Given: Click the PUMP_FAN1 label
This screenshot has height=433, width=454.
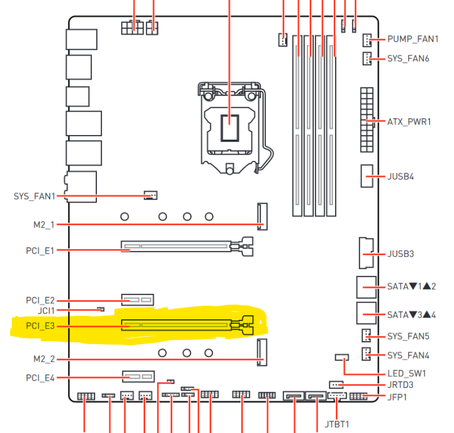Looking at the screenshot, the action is pos(413,39).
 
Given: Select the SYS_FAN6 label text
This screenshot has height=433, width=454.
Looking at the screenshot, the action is pos(408,58).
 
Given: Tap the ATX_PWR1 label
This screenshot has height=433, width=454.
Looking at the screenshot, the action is pos(409,122).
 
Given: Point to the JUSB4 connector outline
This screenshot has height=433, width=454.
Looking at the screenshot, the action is pos(367,176).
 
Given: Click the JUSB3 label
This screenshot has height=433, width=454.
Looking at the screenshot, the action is pos(401,254).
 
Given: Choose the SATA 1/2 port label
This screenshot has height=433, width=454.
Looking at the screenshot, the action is pos(411,286).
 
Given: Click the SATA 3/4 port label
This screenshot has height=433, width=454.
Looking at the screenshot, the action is pos(411,315).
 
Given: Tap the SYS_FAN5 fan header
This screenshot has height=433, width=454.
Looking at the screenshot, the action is pos(366,335).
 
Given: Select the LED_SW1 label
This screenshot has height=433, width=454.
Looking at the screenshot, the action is pos(407,374).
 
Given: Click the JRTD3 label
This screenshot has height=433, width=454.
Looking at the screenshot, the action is pos(400,385).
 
